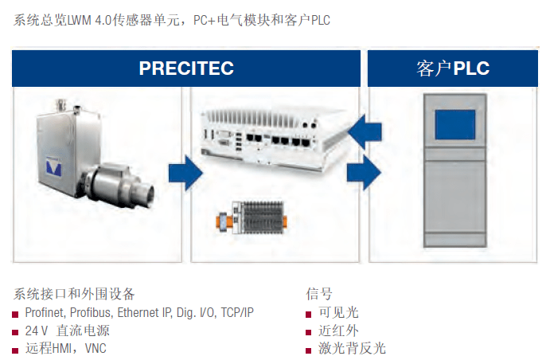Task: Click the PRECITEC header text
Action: click(x=186, y=68)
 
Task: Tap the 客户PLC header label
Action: click(x=453, y=68)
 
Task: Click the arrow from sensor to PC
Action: click(x=185, y=173)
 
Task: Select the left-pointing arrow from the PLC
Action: click(x=365, y=132)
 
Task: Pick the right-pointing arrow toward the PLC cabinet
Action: click(x=364, y=173)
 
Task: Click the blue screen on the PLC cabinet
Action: click(x=454, y=125)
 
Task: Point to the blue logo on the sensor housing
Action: click(x=54, y=166)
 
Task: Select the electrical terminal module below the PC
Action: click(x=252, y=217)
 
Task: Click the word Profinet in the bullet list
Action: click(x=45, y=312)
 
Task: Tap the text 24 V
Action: click(x=37, y=331)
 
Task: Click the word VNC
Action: click(x=96, y=349)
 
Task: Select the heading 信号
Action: click(x=319, y=294)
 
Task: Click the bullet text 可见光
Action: click(x=338, y=312)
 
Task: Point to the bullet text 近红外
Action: click(x=338, y=331)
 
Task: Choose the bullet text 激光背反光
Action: click(x=352, y=349)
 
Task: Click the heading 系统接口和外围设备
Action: click(x=74, y=294)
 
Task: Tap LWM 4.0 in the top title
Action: click(x=89, y=20)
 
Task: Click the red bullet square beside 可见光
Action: click(x=309, y=315)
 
